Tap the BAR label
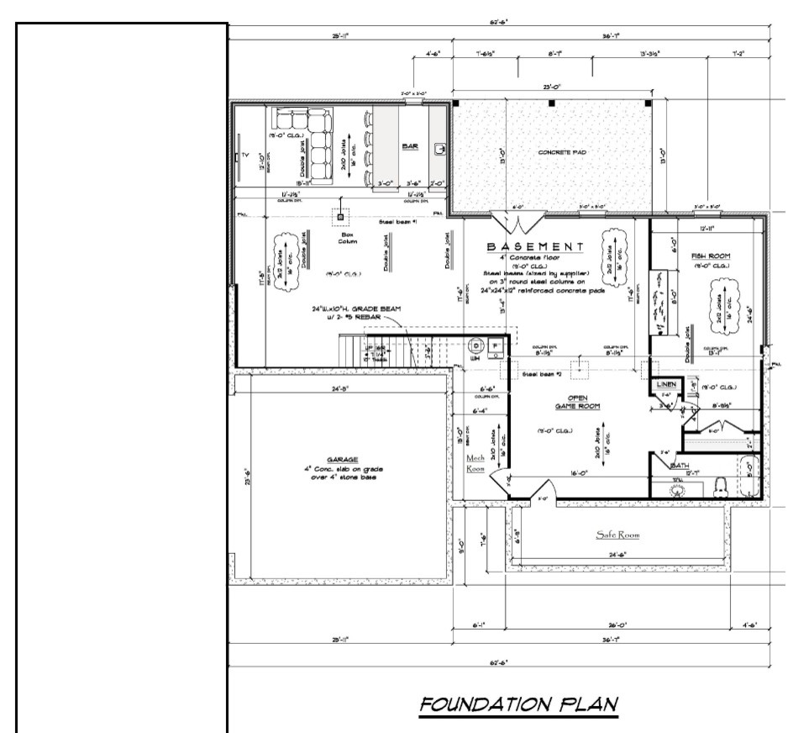click(410, 147)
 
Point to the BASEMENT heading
click(535, 246)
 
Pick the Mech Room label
click(475, 463)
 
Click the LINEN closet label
click(667, 384)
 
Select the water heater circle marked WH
click(475, 345)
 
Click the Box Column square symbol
click(340, 217)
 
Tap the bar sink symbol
click(439, 149)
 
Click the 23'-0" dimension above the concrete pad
click(552, 86)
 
